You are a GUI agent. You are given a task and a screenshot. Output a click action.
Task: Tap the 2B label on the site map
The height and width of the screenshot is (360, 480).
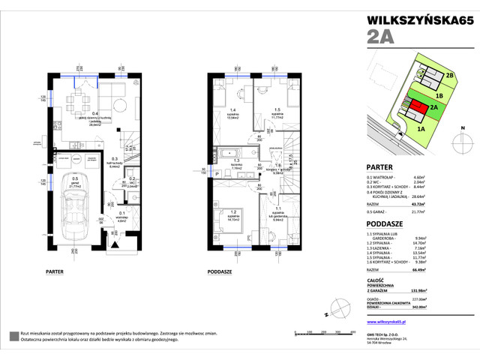coord(450,76)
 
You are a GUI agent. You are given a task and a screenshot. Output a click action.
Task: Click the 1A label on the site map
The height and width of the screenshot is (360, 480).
coord(421,128)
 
